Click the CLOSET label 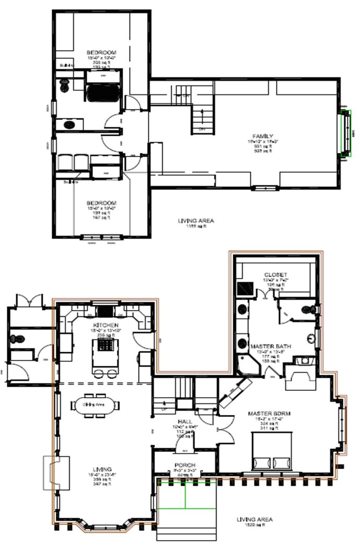tap(275, 274)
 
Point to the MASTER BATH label tap(270, 346)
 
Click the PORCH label tap(185, 465)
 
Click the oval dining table tap(95, 404)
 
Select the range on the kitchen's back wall tap(105, 312)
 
